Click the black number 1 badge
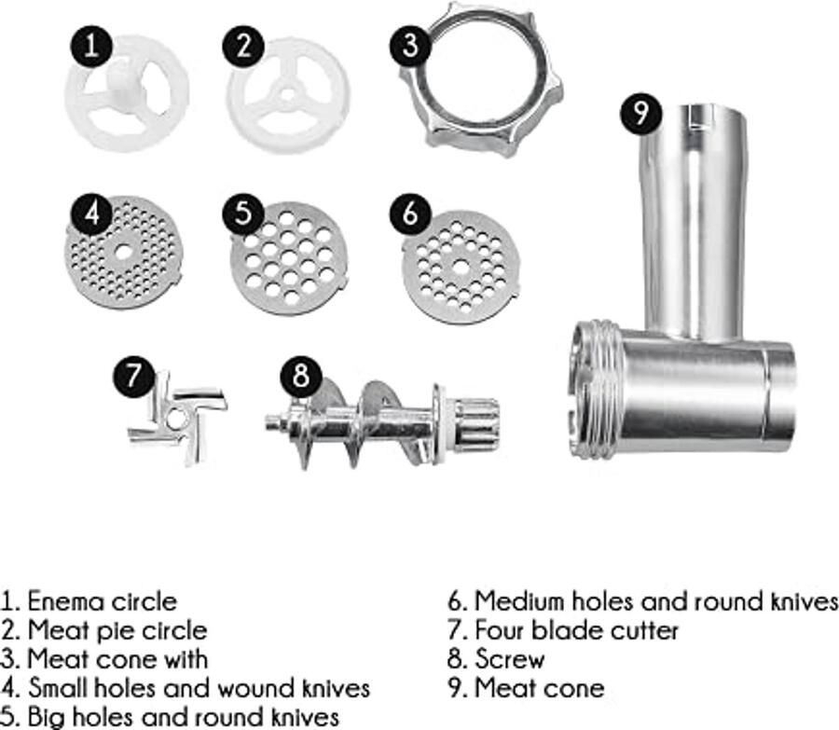click(x=91, y=46)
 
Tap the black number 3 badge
click(x=410, y=45)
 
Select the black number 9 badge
click(x=641, y=113)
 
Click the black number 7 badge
click(x=133, y=375)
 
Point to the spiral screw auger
click(x=383, y=423)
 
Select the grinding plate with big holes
click(x=289, y=259)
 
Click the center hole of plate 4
click(x=124, y=252)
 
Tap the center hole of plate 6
click(x=461, y=266)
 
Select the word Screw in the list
click(x=510, y=659)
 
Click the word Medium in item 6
click(x=520, y=601)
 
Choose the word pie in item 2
click(x=111, y=631)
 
